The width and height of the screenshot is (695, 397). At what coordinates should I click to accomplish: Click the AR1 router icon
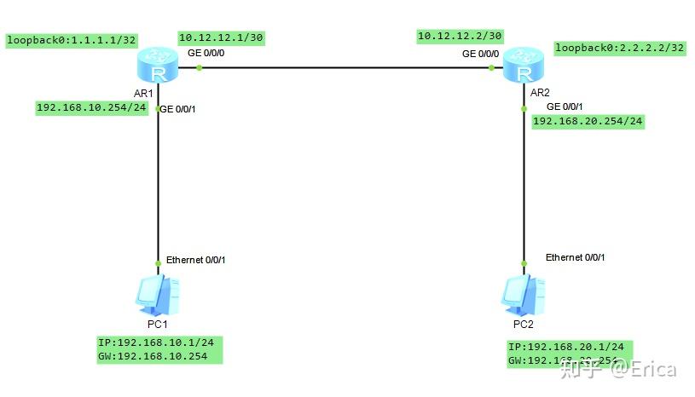pos(158,66)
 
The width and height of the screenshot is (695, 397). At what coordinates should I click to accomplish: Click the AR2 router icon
pos(521,66)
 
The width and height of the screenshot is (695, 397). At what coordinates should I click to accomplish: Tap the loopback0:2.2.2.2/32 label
pos(619,48)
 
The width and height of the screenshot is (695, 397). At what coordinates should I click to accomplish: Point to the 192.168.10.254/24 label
pos(91,108)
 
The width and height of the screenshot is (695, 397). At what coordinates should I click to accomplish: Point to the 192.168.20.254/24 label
pos(588,122)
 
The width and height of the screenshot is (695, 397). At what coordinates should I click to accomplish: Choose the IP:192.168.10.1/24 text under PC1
pos(155,342)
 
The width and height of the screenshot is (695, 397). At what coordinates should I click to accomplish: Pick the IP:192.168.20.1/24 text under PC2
pos(566,348)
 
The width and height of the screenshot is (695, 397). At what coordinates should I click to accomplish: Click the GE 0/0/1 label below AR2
pos(565,106)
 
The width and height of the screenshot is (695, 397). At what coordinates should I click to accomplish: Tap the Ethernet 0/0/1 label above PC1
pos(195,260)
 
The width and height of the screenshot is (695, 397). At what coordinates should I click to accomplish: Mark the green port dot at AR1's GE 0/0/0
pos(199,67)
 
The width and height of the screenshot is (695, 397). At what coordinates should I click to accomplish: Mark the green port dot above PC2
pos(522,262)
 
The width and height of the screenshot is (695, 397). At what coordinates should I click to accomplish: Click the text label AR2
pos(541,92)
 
